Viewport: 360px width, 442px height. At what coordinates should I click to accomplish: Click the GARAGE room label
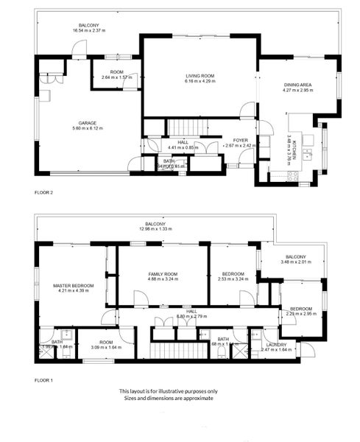[x=88, y=123]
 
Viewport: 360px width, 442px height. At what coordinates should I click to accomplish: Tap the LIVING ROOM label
[x=199, y=74]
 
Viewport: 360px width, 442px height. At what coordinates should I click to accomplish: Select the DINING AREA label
[x=298, y=85]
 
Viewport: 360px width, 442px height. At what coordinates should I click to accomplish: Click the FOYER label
[x=240, y=140]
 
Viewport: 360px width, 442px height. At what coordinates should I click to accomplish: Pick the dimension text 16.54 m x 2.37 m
[x=89, y=30]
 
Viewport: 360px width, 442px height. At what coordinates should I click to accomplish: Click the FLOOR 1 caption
[x=44, y=380]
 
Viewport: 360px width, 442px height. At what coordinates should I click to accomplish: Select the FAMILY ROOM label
[x=163, y=273]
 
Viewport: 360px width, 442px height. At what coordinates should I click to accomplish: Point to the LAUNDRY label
[x=277, y=345]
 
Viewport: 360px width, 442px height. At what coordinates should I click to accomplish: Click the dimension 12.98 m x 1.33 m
[x=155, y=228]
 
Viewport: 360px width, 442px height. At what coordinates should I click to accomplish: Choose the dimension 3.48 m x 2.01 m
[x=297, y=262]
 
